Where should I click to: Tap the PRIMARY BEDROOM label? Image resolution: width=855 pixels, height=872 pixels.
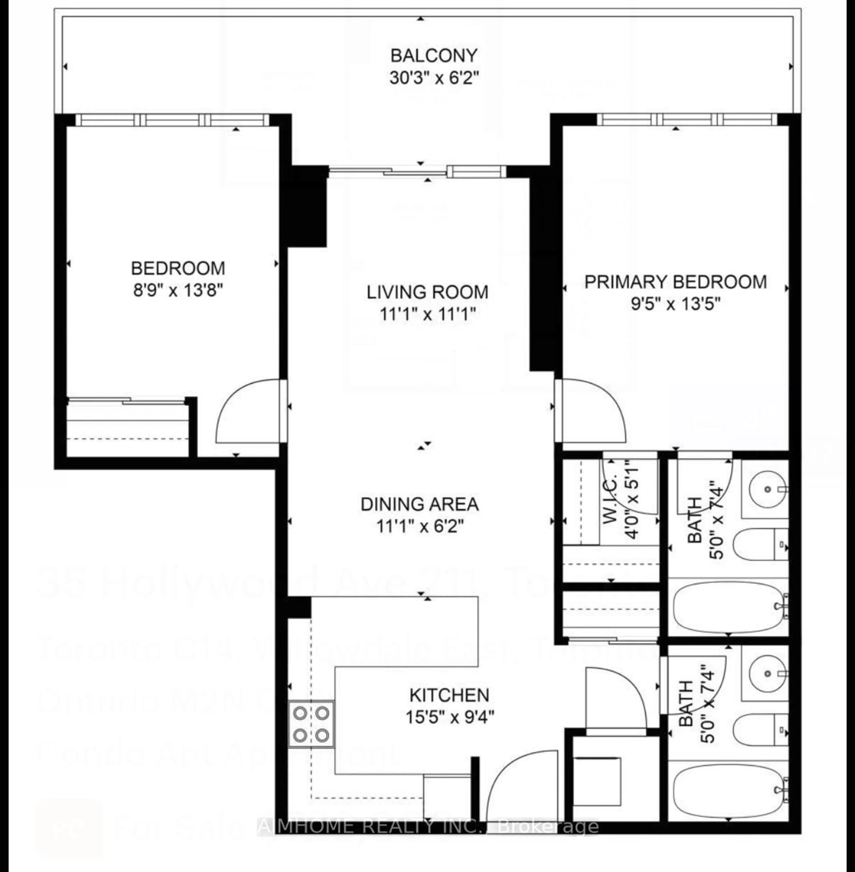675,282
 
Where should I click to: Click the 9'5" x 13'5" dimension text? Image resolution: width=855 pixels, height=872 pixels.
675,304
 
